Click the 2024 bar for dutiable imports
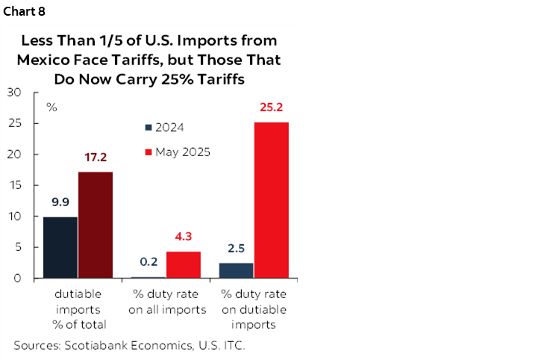click(60, 247)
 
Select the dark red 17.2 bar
click(96, 225)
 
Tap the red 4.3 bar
click(184, 264)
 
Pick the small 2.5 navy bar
click(237, 270)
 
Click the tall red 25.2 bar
click(272, 200)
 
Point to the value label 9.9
click(60, 202)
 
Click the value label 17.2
click(96, 157)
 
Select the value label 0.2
click(149, 262)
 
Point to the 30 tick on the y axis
click(14, 93)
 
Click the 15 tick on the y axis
click(14, 185)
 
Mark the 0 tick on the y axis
click(17, 279)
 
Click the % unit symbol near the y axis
click(51, 106)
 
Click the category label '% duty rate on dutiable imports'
click(254, 309)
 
